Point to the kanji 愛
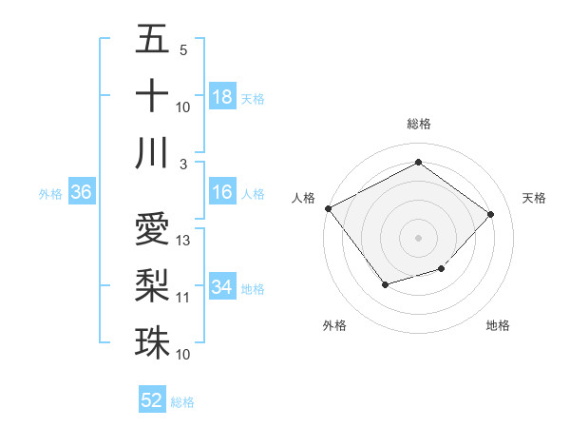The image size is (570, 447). coord(152,228)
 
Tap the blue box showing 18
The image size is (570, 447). coord(222,97)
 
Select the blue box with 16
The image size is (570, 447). coord(222,193)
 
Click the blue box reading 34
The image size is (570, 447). coord(222,287)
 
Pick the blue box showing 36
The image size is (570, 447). coord(82,193)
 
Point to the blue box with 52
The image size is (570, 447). coord(152,400)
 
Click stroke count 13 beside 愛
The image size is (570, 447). coord(184,241)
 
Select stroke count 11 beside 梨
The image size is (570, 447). coord(183,298)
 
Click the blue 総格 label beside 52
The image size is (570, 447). coord(182,402)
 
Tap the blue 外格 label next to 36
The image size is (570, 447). coord(50,194)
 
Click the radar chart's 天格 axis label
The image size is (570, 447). coord(534,198)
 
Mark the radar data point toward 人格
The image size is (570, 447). coord(329,208)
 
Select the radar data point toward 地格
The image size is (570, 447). coord(442,270)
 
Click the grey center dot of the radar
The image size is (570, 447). coord(418,237)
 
